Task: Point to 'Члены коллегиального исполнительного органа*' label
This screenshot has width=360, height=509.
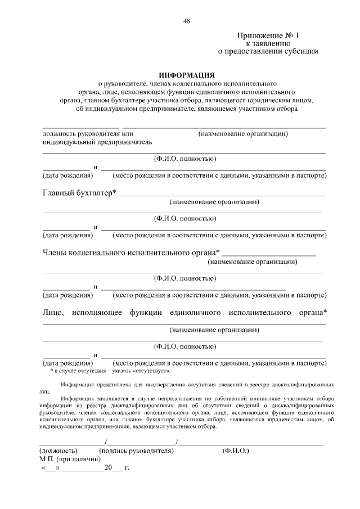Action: tap(131, 253)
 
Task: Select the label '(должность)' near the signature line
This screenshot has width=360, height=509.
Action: tap(58, 451)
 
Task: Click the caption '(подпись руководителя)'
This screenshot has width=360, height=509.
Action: tap(136, 451)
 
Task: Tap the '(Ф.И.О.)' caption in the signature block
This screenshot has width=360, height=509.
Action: tap(236, 451)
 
